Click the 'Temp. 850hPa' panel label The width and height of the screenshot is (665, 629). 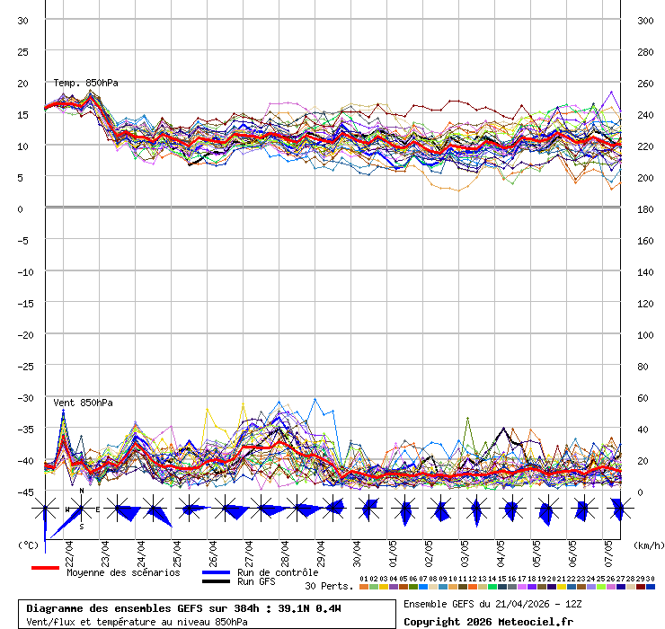tap(85, 83)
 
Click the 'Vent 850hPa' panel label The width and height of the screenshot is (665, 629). tap(83, 403)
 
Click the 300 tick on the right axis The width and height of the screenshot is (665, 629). tap(644, 20)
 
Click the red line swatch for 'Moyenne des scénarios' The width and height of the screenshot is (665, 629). tap(45, 569)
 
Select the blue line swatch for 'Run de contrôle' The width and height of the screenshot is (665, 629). tap(216, 572)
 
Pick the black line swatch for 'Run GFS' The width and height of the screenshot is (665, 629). tap(216, 581)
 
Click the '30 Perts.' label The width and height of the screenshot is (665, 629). tap(328, 586)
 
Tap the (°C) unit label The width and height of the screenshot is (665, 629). tap(28, 545)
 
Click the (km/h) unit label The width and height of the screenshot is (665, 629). tap(647, 545)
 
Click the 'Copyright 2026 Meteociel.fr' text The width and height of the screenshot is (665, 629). tap(487, 621)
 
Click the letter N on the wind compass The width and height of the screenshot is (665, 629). tap(82, 492)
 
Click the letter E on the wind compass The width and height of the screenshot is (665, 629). tap(98, 509)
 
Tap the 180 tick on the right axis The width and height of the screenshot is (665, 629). tap(644, 208)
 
